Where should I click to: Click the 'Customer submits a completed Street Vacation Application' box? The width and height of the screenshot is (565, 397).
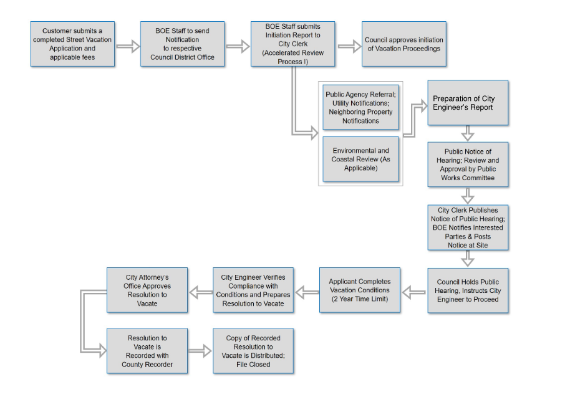[72, 44]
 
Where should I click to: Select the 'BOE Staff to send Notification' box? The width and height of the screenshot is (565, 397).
[182, 44]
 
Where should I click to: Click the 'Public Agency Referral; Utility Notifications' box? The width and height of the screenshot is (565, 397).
[360, 107]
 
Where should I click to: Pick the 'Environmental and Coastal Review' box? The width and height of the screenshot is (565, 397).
[360, 160]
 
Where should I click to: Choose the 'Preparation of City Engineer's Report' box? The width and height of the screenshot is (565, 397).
[468, 103]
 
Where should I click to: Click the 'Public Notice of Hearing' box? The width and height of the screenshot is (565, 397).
[468, 165]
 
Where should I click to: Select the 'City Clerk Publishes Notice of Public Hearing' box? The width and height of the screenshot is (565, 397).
[468, 227]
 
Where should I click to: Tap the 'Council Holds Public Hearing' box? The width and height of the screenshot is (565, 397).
[468, 290]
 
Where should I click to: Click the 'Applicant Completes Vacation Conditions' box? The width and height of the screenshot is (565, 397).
[360, 290]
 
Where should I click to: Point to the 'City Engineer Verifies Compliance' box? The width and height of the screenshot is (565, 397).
[253, 290]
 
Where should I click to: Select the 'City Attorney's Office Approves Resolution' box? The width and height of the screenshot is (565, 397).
[147, 290]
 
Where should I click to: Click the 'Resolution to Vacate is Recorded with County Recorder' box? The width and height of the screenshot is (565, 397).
[147, 351]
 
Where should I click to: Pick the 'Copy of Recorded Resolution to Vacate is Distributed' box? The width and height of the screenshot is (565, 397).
[253, 351]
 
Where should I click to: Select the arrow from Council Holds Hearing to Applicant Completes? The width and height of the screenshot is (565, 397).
[414, 290]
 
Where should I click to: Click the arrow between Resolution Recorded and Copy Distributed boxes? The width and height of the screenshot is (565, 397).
[200, 351]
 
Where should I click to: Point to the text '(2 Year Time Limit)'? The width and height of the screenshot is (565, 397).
[360, 299]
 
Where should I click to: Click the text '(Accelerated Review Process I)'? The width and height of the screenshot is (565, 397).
[292, 57]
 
